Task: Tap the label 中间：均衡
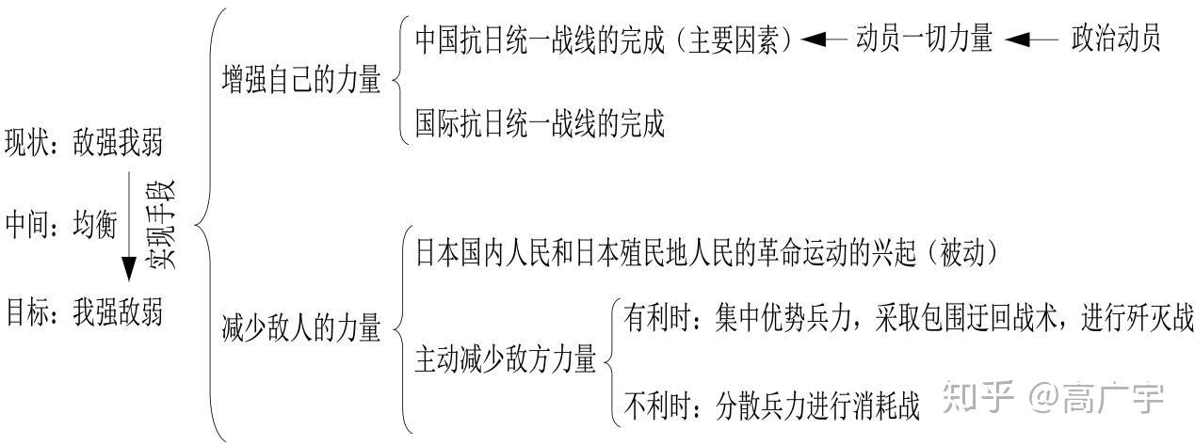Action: pos(60,225)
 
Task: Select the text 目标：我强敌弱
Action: pos(83,310)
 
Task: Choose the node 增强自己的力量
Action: pos(301,80)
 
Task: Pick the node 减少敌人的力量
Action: pos(301,328)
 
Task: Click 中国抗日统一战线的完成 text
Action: pos(548,40)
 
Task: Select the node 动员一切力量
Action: pos(924,40)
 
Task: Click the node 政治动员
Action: pos(1115,40)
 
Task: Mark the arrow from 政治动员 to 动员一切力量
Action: pos(1031,40)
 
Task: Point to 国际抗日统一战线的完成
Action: pos(540,124)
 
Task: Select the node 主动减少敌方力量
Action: pos(506,359)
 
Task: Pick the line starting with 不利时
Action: pos(771,405)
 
